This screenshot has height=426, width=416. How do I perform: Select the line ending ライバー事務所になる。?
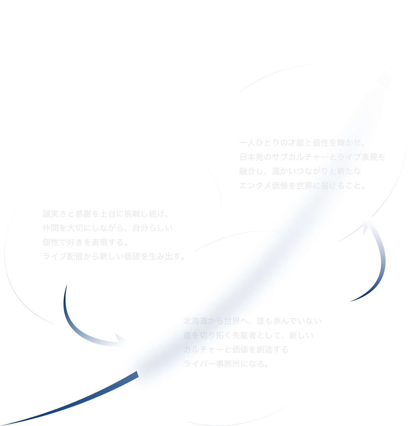tap(226, 364)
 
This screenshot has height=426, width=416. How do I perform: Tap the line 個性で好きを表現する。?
tap(85, 242)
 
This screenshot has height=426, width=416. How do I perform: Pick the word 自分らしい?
tap(152, 228)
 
